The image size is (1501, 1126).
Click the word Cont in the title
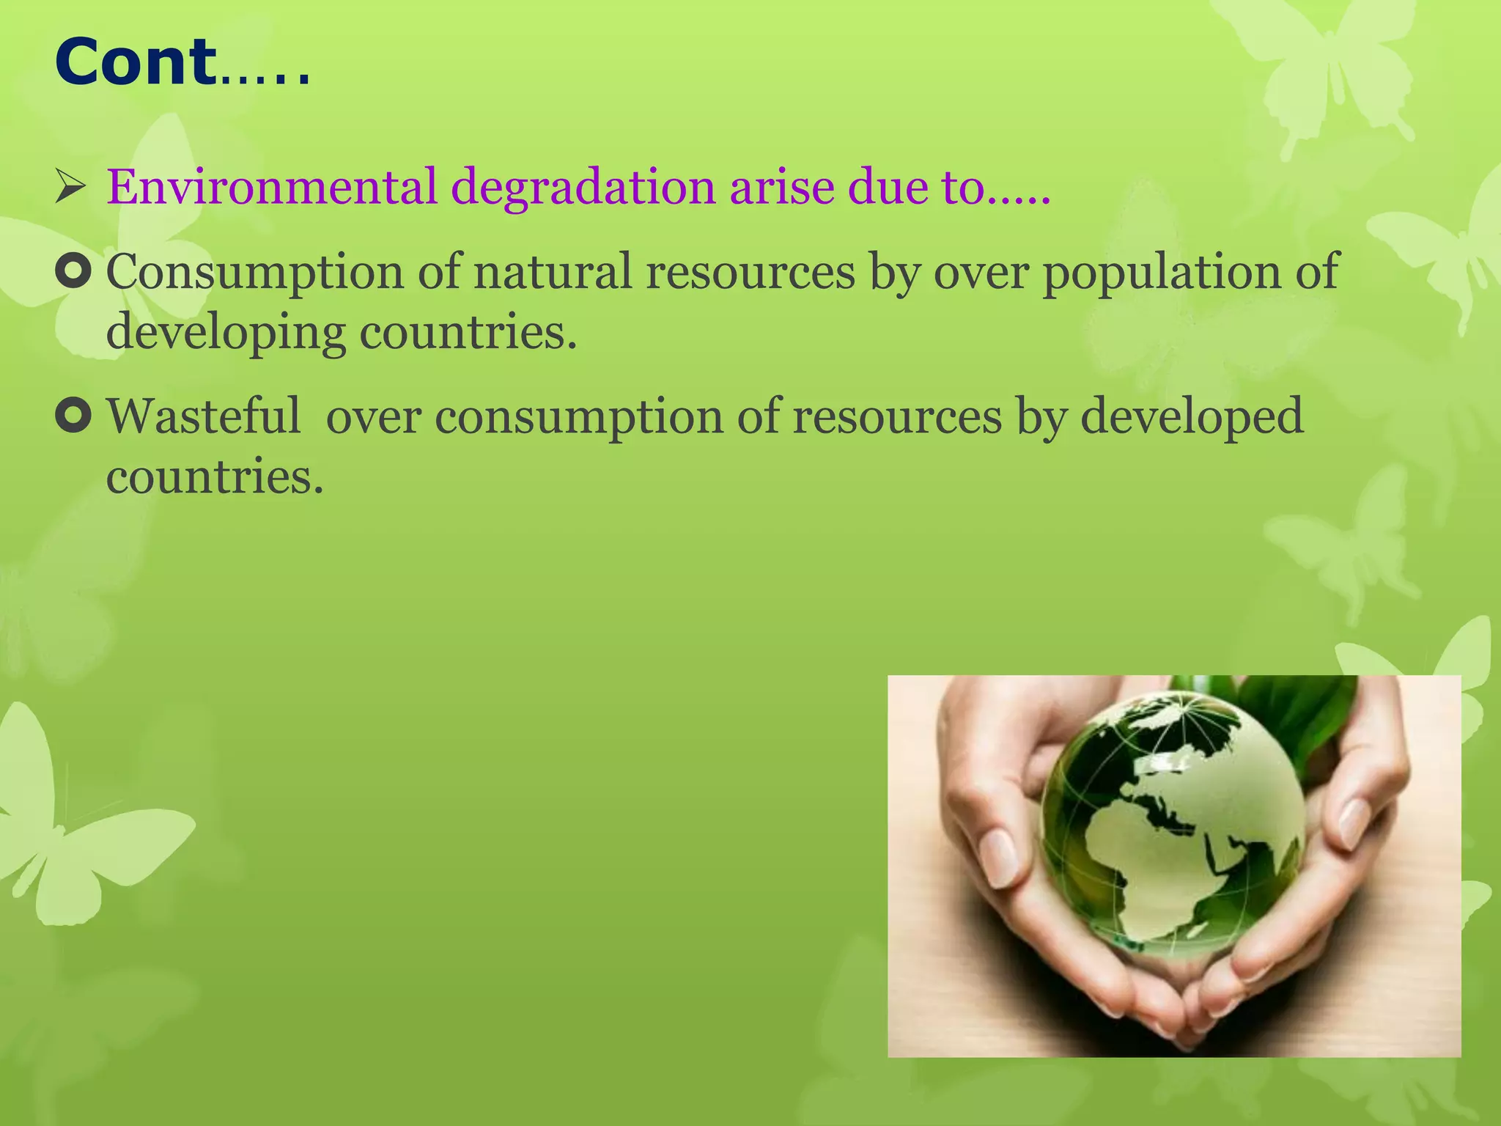[x=136, y=63]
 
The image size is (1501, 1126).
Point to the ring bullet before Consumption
[x=73, y=272]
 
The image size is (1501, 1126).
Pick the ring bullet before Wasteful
[x=73, y=416]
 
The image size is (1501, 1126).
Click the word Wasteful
[x=204, y=416]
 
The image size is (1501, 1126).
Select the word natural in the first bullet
[x=552, y=272]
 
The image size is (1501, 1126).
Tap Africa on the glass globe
[x=1143, y=865]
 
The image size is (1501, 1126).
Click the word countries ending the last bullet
[x=214, y=478]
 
